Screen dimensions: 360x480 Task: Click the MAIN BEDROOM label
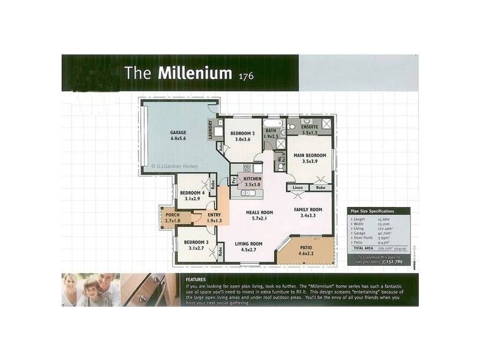[x=309, y=155]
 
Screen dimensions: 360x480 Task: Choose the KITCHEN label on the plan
[x=251, y=179]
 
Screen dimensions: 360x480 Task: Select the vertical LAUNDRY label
[x=211, y=131]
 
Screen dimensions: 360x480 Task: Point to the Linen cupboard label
[x=298, y=188]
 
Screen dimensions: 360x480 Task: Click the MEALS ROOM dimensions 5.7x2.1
[x=260, y=219]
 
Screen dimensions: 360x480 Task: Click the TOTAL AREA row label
[x=365, y=247]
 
